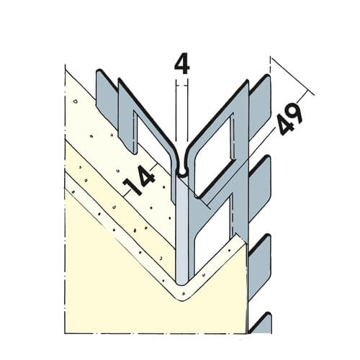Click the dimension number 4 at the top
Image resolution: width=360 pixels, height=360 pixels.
[182, 66]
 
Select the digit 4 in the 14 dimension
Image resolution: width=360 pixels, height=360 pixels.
[145, 176]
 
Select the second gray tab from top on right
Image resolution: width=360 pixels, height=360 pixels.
[261, 189]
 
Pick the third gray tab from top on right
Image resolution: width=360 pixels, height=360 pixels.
[261, 266]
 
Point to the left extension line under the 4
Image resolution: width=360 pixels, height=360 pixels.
[176, 110]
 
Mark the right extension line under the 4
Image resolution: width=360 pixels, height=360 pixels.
[187, 110]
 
